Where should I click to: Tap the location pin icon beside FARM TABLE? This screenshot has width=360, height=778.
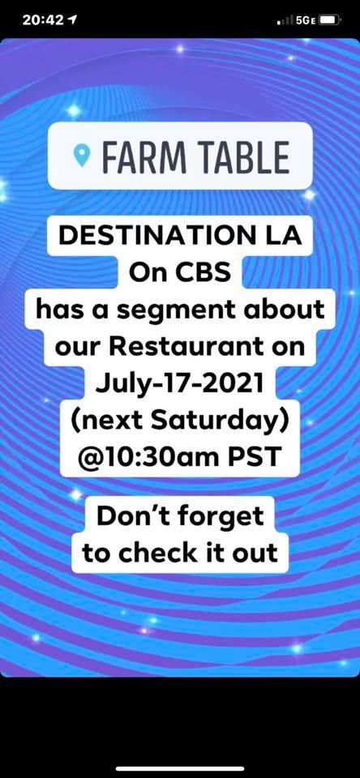pyautogui.click(x=81, y=156)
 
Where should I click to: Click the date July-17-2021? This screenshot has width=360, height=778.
pyautogui.click(x=180, y=383)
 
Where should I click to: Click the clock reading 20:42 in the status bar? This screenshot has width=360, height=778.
pyautogui.click(x=43, y=19)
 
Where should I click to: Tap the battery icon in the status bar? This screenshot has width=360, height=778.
pyautogui.click(x=330, y=19)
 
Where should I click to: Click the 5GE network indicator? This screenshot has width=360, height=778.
pyautogui.click(x=306, y=20)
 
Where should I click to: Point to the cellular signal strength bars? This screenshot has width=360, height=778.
pyautogui.click(x=285, y=20)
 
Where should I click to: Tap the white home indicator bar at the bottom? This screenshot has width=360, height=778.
pyautogui.click(x=180, y=768)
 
